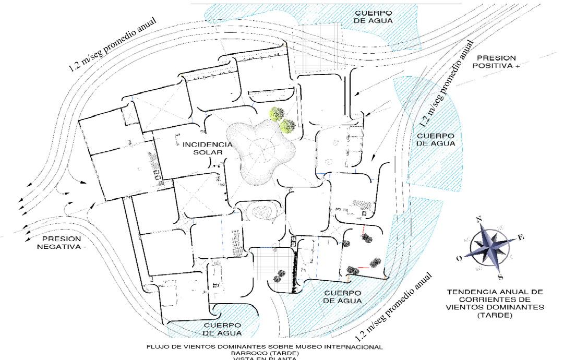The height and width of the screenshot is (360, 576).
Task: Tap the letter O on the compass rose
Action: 459,258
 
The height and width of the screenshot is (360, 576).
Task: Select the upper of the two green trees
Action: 277,113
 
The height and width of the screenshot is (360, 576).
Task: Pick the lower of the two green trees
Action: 287,125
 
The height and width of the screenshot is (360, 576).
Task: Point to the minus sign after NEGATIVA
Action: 84,246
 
